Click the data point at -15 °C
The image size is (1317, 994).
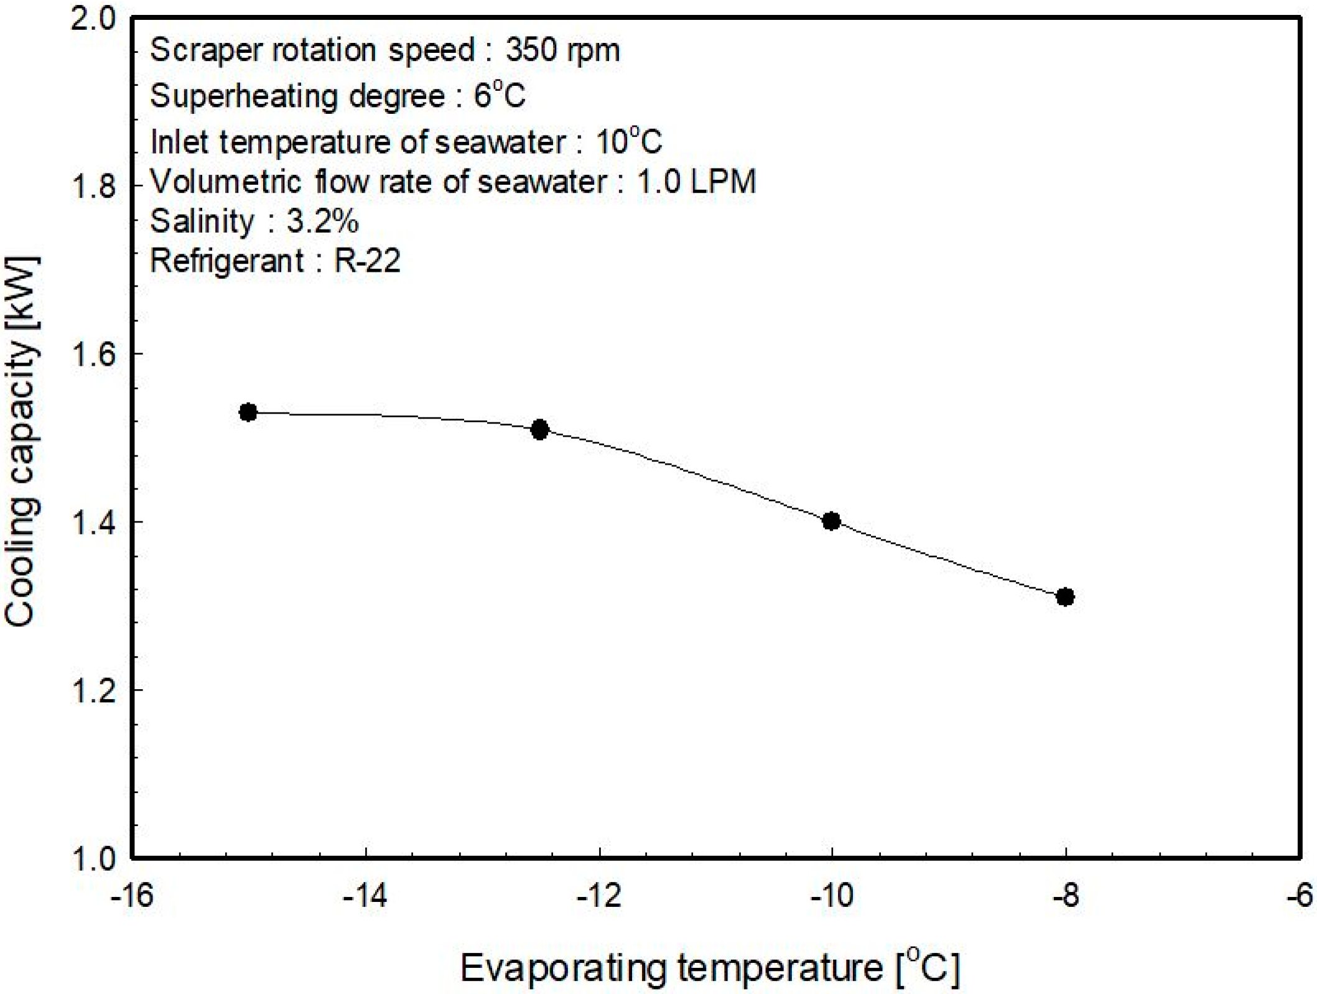[x=248, y=412]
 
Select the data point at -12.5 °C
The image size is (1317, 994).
[x=540, y=429]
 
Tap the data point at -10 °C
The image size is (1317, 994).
[x=831, y=521]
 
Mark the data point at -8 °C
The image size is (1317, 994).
[x=1065, y=597]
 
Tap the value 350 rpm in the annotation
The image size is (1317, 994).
[x=562, y=50]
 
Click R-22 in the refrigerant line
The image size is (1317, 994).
[x=367, y=260]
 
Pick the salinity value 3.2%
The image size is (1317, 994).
[x=322, y=221]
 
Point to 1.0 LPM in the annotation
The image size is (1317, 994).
[x=696, y=181]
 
